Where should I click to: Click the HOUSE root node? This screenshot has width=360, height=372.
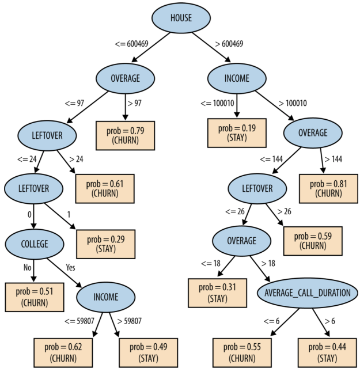click(x=181, y=18)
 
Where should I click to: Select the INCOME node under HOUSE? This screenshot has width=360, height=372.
click(x=236, y=78)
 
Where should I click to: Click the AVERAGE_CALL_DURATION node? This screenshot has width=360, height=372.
click(x=307, y=293)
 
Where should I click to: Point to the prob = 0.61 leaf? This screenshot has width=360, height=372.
click(x=106, y=188)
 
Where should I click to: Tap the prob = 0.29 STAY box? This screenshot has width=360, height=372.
click(x=106, y=244)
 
